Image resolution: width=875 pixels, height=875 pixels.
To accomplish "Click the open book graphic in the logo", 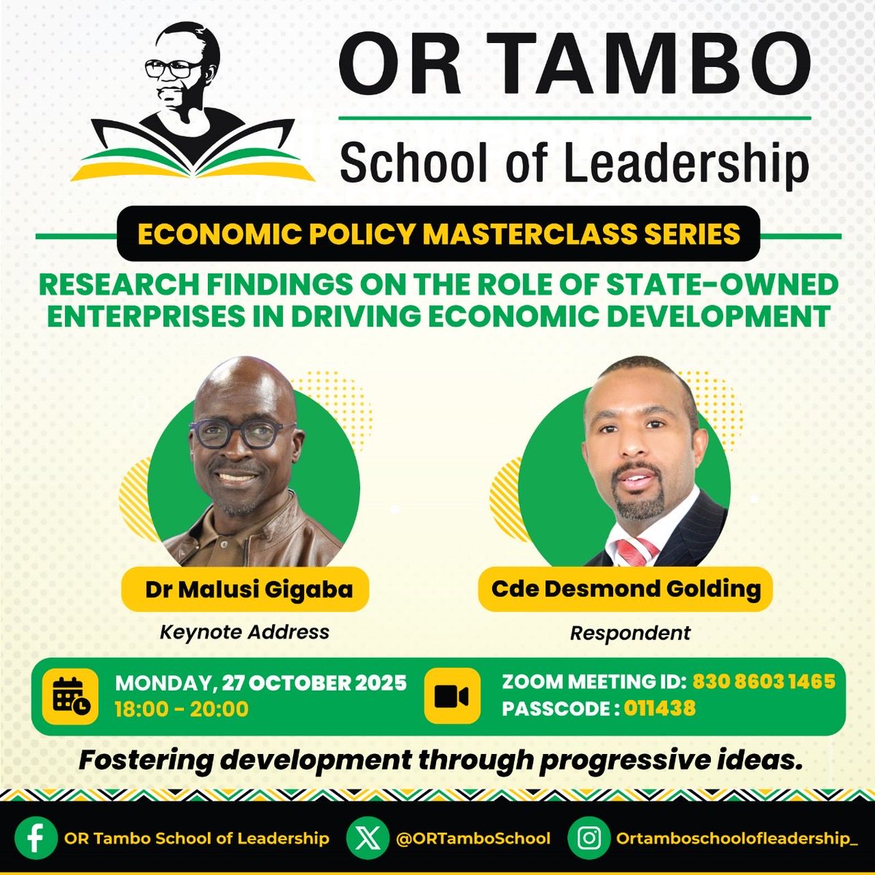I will point(193,157).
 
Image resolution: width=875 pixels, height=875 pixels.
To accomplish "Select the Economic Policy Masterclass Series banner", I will point(438,234).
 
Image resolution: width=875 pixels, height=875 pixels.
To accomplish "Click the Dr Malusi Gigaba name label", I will point(249,589).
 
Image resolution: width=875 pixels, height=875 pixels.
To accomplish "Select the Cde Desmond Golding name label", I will point(626,588).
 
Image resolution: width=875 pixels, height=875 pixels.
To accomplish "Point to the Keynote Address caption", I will point(244,631).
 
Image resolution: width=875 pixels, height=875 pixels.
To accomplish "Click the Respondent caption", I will point(630,633).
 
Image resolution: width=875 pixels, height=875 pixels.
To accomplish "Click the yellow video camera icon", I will point(452,696).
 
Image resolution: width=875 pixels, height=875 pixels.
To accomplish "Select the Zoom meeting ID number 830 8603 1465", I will point(763,682).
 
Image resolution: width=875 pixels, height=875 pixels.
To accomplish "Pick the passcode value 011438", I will point(659,708).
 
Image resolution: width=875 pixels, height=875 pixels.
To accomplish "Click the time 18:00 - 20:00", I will point(182,709).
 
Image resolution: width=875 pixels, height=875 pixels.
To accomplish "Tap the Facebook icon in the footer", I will point(36,838).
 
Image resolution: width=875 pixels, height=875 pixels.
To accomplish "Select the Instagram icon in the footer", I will point(588,838).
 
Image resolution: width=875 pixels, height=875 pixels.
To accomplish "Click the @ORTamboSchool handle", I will point(472,839).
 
